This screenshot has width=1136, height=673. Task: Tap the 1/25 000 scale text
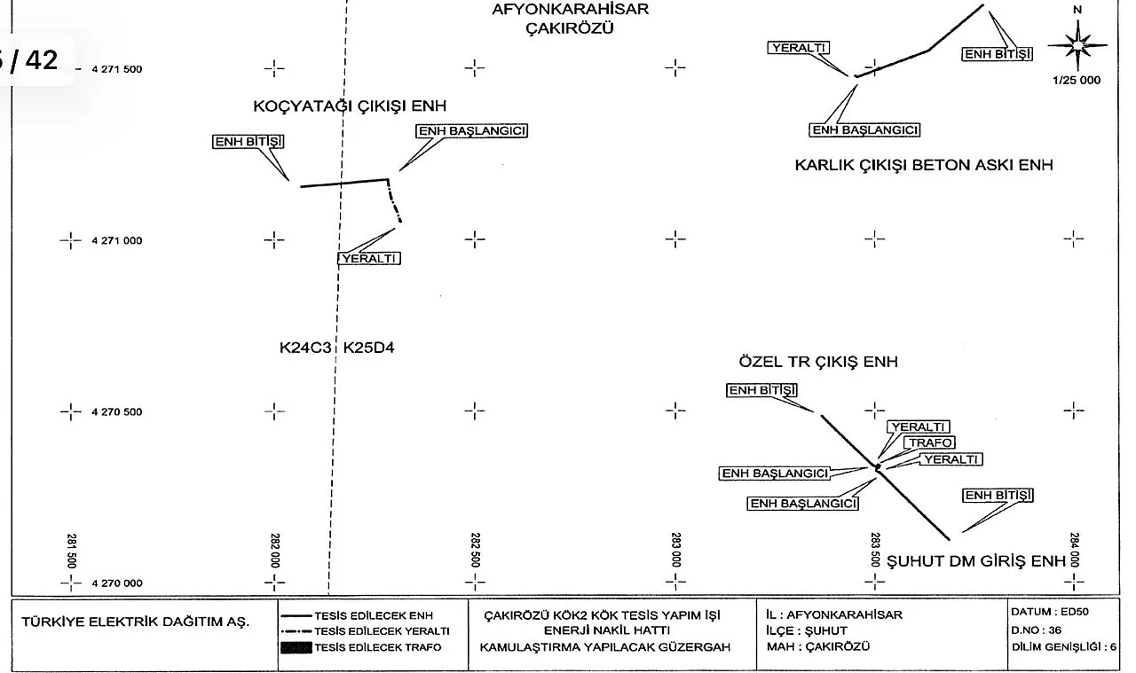click(1076, 80)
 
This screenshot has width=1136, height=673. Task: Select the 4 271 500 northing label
click(117, 69)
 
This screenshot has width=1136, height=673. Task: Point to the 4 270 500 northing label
click(117, 412)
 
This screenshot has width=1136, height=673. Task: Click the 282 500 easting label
click(476, 550)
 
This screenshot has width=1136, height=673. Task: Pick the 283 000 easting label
click(676, 550)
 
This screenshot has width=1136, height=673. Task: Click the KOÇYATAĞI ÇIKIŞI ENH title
click(350, 106)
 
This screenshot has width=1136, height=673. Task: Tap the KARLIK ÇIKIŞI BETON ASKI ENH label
click(924, 165)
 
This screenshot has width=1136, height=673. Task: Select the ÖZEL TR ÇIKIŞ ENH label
click(818, 362)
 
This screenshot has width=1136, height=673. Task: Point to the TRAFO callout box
click(929, 442)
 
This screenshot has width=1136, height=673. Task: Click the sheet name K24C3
click(305, 348)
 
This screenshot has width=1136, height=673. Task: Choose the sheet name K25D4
click(369, 348)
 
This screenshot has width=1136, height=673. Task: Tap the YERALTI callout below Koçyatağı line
click(369, 259)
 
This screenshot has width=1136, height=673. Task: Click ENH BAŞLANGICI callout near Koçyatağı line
click(472, 131)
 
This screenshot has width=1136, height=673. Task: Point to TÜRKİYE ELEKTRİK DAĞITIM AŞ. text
click(136, 622)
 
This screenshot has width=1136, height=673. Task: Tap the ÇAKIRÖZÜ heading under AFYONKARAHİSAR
click(571, 27)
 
